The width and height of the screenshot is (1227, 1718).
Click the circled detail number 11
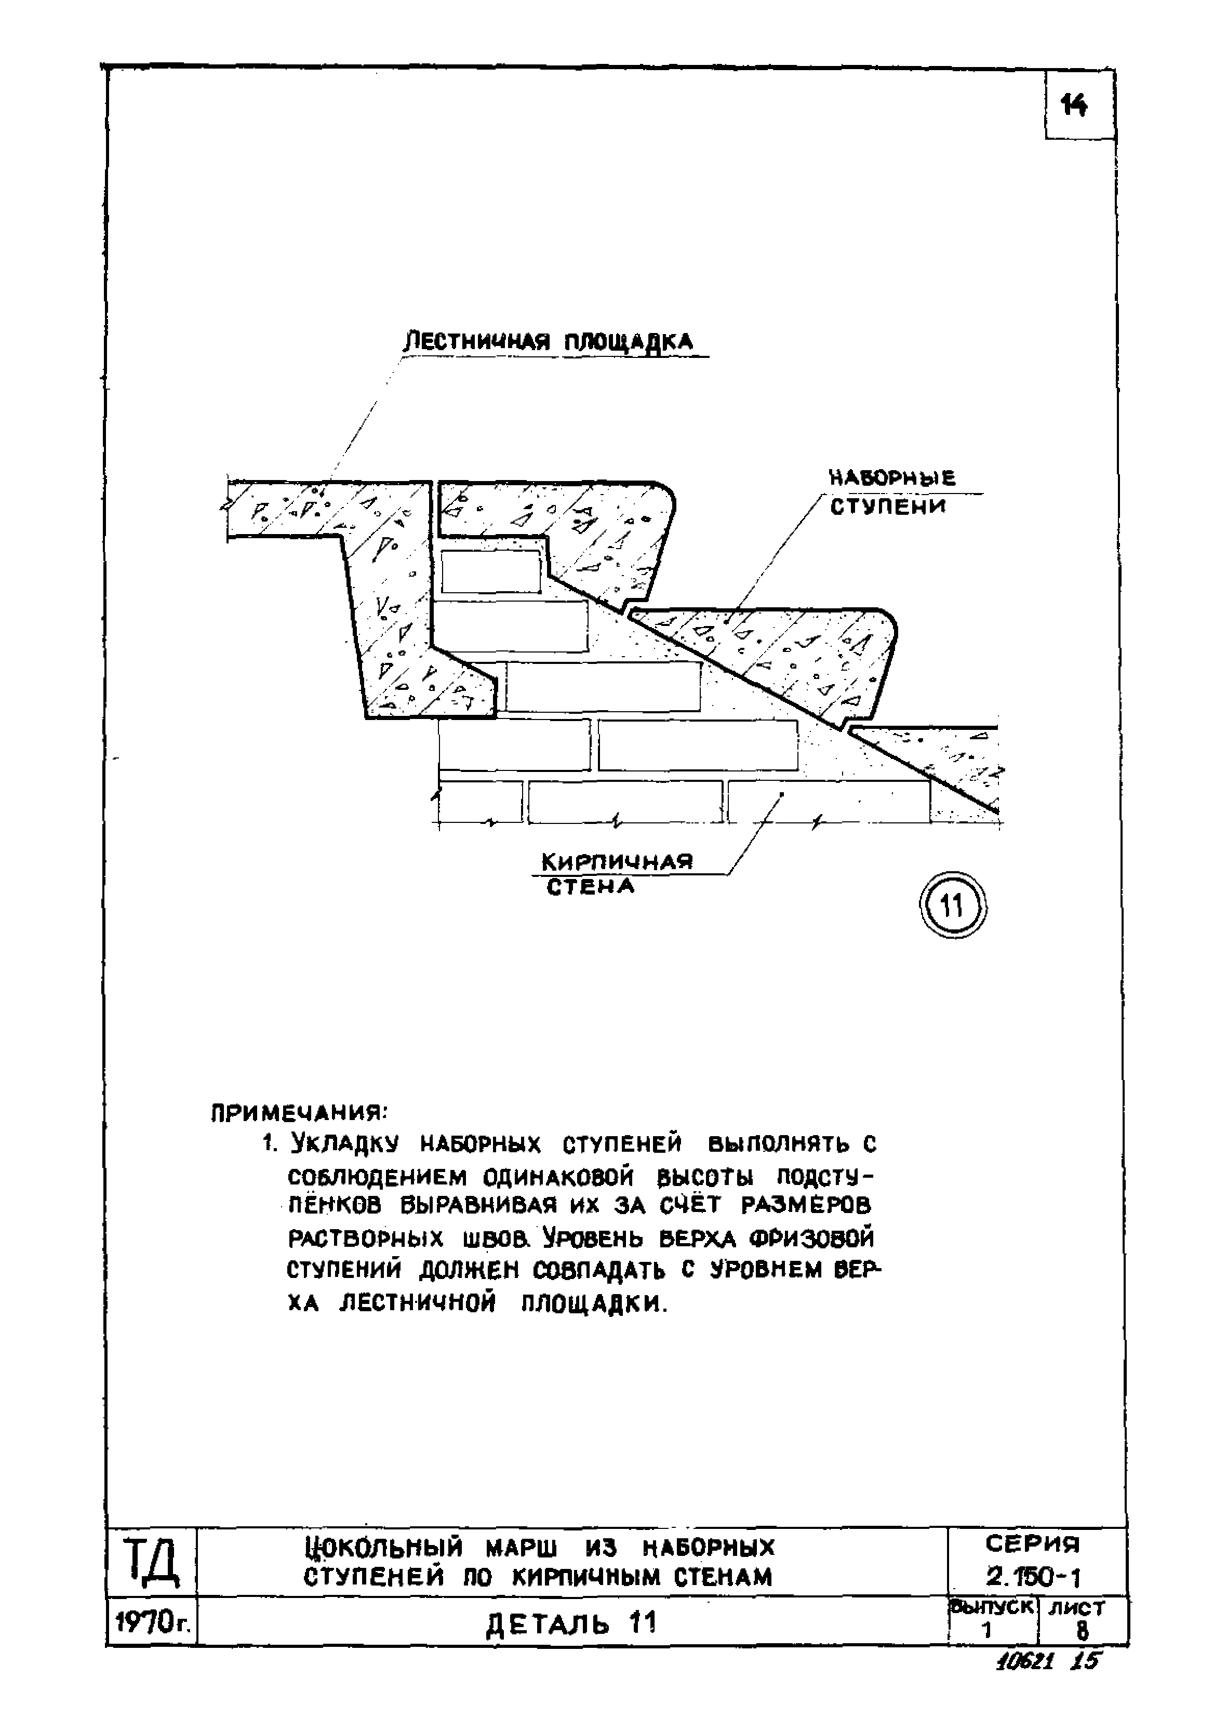click(953, 904)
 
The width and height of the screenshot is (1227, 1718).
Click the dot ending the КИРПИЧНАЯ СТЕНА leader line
click(782, 794)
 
